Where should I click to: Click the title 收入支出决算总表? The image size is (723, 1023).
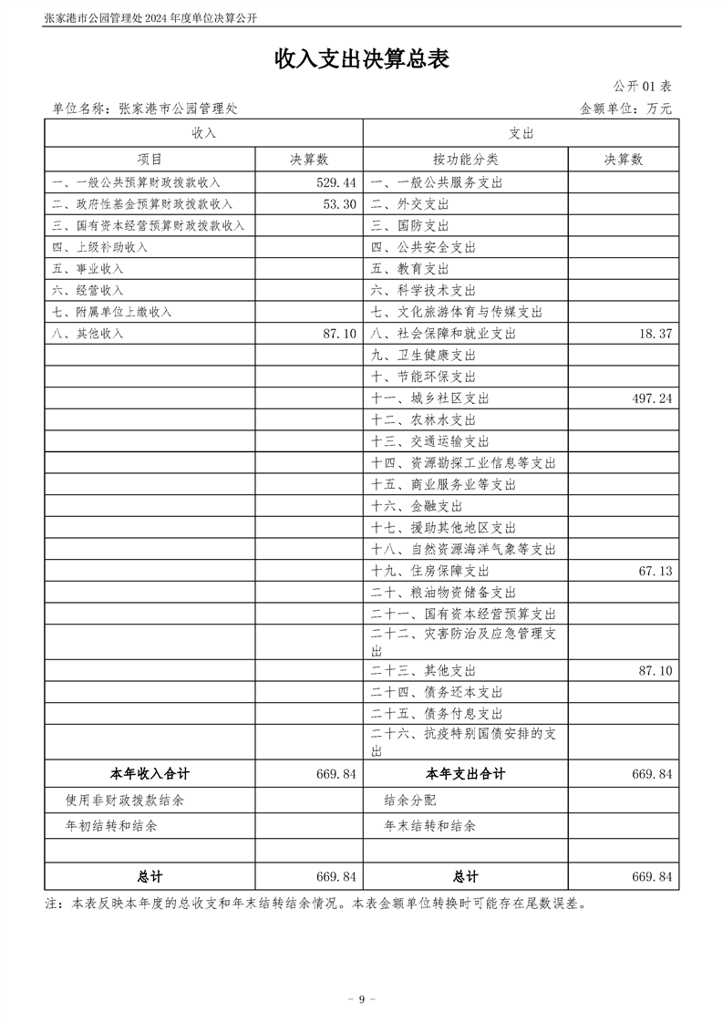click(x=362, y=59)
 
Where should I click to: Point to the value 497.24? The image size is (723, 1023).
click(x=651, y=398)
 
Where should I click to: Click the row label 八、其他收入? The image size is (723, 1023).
click(x=88, y=334)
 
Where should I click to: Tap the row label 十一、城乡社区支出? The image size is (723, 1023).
click(x=430, y=398)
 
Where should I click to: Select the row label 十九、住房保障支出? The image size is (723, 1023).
click(x=430, y=571)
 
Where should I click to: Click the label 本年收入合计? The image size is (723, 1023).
click(x=150, y=774)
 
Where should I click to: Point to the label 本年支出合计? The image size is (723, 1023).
click(x=465, y=774)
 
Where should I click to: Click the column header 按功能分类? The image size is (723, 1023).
click(x=465, y=159)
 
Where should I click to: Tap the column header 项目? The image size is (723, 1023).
click(x=150, y=159)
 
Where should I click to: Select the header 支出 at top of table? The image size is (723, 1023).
click(x=522, y=133)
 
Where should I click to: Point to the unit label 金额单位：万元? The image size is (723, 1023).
click(x=625, y=108)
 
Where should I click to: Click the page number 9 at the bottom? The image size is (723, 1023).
click(x=362, y=999)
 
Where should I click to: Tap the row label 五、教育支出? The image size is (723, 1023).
click(x=410, y=269)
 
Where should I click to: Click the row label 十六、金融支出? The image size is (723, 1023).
click(x=417, y=506)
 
